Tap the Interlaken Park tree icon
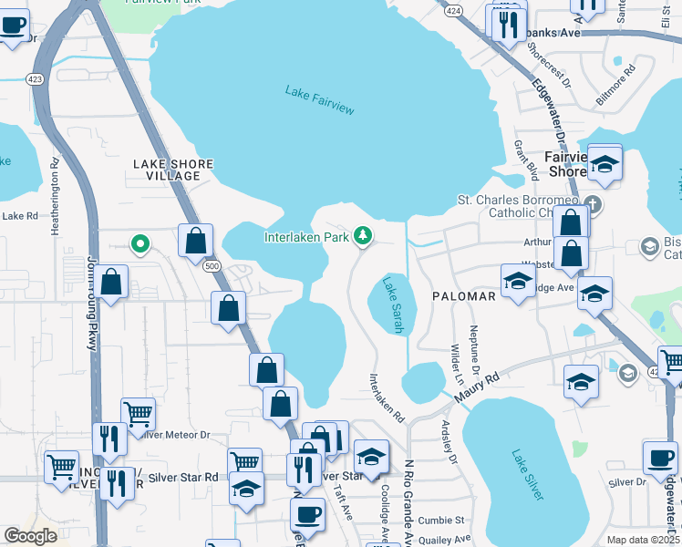363,237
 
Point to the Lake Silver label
527,475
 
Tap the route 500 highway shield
212,265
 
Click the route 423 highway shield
36,77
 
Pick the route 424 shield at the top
452,11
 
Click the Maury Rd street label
480,387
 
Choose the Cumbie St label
442,520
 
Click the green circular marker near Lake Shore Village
139,243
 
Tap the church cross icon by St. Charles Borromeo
594,203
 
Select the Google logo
30,536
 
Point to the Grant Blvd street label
525,160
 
